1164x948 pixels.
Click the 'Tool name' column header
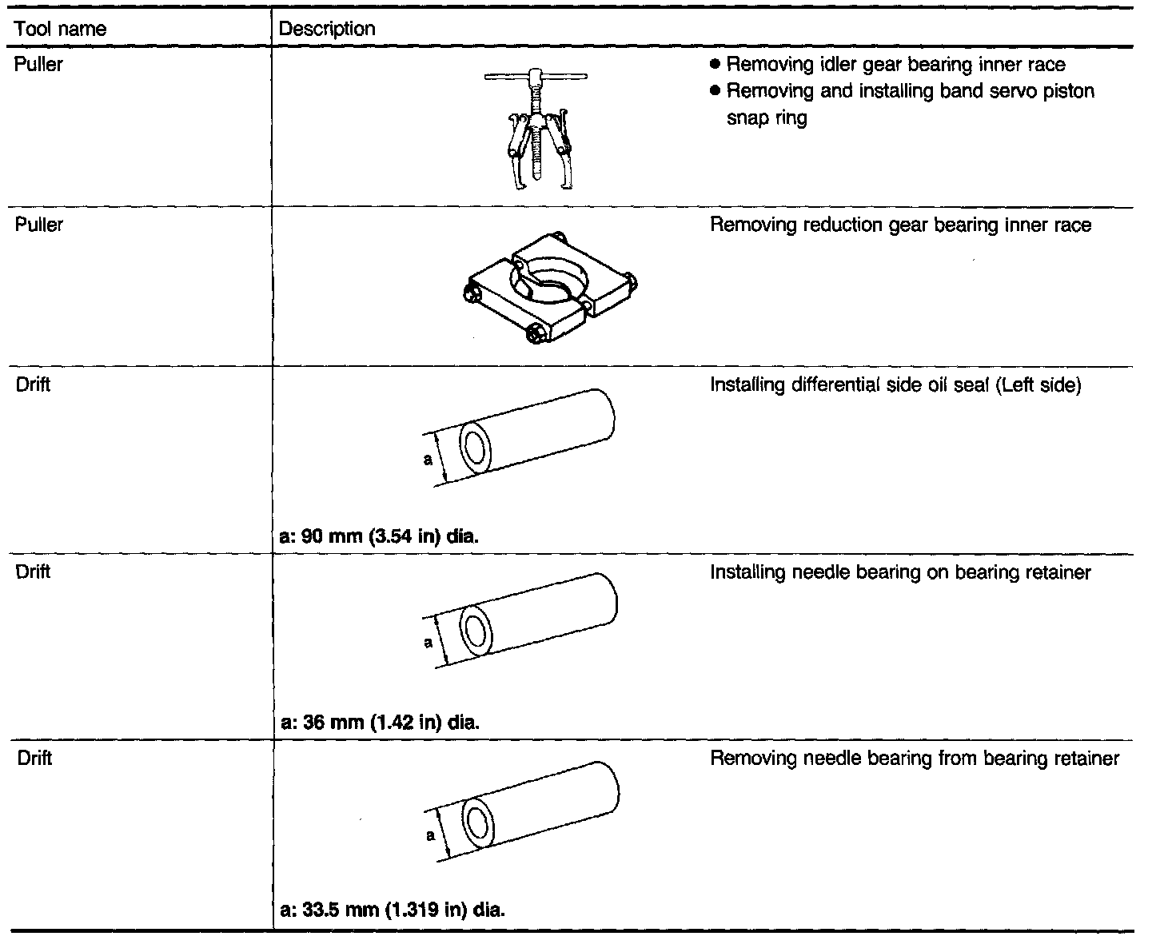(x=61, y=30)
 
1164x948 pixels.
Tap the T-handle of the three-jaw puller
(x=535, y=78)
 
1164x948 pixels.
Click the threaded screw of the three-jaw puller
(x=536, y=152)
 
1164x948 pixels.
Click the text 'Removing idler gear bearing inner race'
(x=895, y=65)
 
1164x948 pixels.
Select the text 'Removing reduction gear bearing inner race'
(x=900, y=225)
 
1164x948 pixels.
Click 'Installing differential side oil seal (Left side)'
(x=895, y=385)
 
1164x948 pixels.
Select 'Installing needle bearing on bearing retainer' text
(x=900, y=572)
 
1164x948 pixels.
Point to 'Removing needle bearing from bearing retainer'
(x=915, y=759)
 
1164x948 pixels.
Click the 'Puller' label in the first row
(x=38, y=65)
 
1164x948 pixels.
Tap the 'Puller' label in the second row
(x=38, y=225)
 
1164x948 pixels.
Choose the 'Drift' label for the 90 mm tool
(x=34, y=385)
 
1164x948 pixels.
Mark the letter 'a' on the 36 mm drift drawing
(x=429, y=642)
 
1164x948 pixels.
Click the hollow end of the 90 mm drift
(x=475, y=448)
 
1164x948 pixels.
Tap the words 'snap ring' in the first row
(x=766, y=118)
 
